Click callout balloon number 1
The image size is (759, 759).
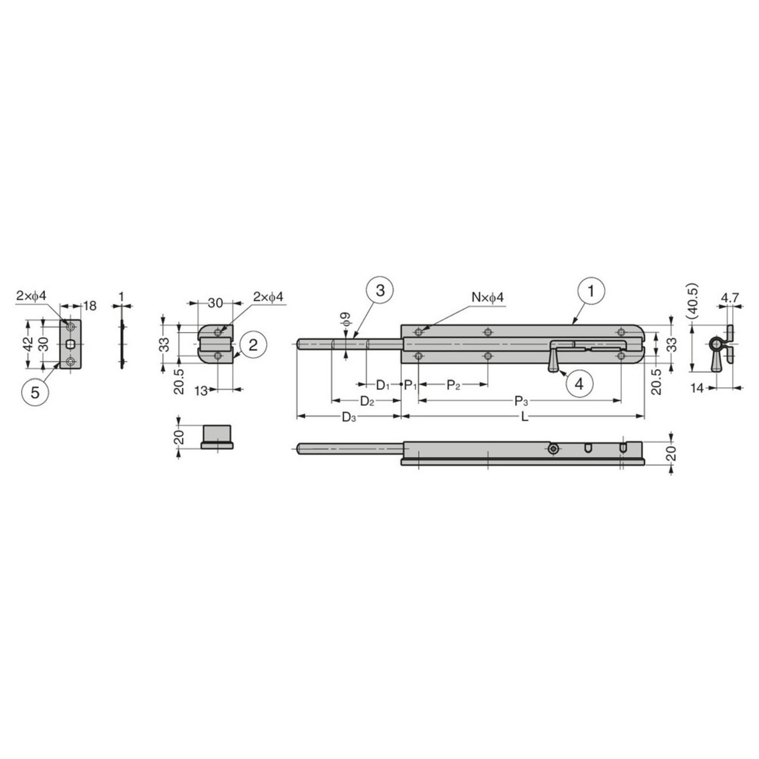pyautogui.click(x=591, y=291)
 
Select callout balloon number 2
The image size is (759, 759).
pyautogui.click(x=253, y=345)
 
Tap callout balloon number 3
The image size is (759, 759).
pyautogui.click(x=380, y=291)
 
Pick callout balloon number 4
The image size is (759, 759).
pyautogui.click(x=580, y=384)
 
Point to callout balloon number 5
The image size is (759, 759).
pyautogui.click(x=35, y=393)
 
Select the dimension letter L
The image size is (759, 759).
pyautogui.click(x=525, y=417)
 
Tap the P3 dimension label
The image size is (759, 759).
pyautogui.click(x=521, y=401)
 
